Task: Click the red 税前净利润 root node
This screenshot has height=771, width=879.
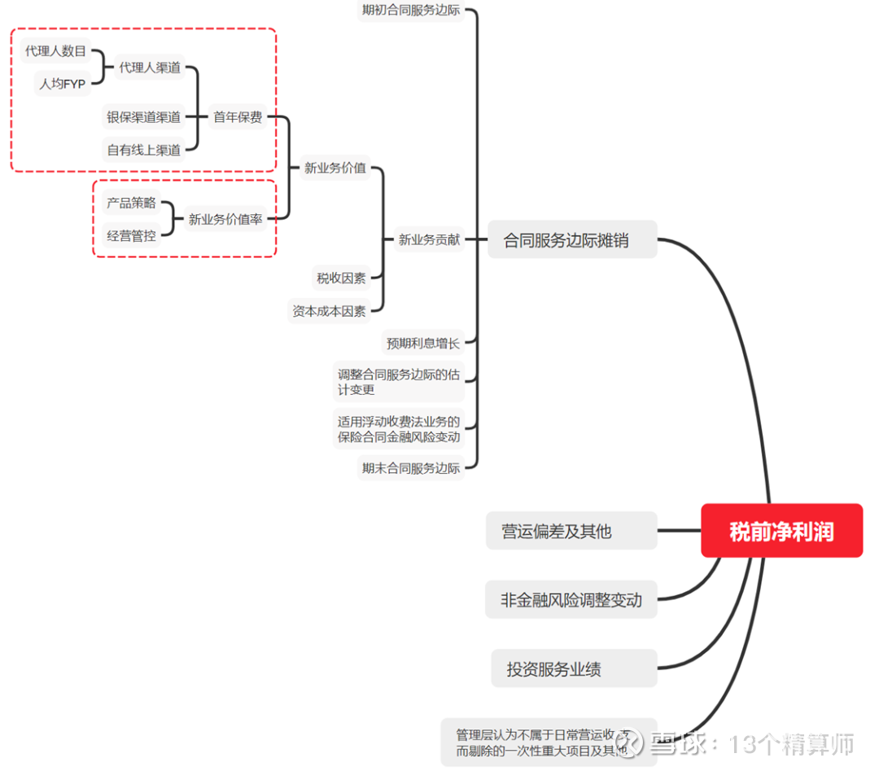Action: pyautogui.click(x=781, y=531)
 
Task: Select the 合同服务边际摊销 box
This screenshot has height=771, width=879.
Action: pyautogui.click(x=571, y=240)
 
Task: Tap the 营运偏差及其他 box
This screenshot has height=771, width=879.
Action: pyautogui.click(x=571, y=531)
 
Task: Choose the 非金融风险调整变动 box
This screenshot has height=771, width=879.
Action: pyautogui.click(x=571, y=600)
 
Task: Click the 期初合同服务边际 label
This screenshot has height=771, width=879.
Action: pyautogui.click(x=410, y=11)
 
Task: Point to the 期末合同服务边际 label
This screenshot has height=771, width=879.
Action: pyautogui.click(x=410, y=468)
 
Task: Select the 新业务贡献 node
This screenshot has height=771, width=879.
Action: pyautogui.click(x=429, y=240)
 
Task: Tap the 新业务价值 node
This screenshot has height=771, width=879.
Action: pyautogui.click(x=335, y=169)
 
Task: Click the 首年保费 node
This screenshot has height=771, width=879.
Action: pyautogui.click(x=238, y=117)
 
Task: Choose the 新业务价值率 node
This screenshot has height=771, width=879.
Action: pyautogui.click(x=225, y=219)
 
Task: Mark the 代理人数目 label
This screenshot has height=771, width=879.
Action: pyautogui.click(x=55, y=51)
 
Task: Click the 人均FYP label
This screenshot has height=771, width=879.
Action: pyautogui.click(x=63, y=83)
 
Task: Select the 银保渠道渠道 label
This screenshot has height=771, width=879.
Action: pyautogui.click(x=143, y=117)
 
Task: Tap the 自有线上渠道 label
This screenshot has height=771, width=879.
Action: pyautogui.click(x=143, y=150)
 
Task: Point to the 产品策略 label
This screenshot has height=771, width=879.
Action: pyautogui.click(x=131, y=203)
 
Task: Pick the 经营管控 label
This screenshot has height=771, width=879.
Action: pyautogui.click(x=131, y=235)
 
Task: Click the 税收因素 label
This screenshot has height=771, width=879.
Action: pyautogui.click(x=341, y=278)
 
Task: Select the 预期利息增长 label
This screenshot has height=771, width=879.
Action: pyautogui.click(x=422, y=343)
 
